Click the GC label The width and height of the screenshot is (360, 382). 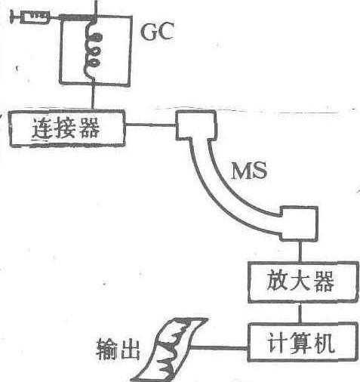click(x=158, y=31)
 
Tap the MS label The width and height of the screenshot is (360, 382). click(x=249, y=171)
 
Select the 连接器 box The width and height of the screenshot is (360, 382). click(x=67, y=128)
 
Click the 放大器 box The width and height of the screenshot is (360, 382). click(x=303, y=282)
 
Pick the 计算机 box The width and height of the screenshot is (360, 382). click(x=303, y=342)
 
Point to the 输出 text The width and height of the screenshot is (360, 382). click(x=118, y=349)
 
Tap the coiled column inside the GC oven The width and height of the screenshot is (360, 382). click(x=93, y=49)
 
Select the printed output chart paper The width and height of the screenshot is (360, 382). click(x=169, y=350)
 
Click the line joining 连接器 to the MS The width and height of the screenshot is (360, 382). click(x=150, y=125)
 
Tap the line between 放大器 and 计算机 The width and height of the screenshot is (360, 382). click(x=300, y=313)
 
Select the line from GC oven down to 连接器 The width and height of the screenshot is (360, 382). click(x=93, y=97)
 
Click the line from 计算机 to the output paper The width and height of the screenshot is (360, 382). click(x=219, y=348)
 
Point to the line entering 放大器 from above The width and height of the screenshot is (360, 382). click(x=300, y=251)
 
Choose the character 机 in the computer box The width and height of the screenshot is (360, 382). click(x=325, y=343)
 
